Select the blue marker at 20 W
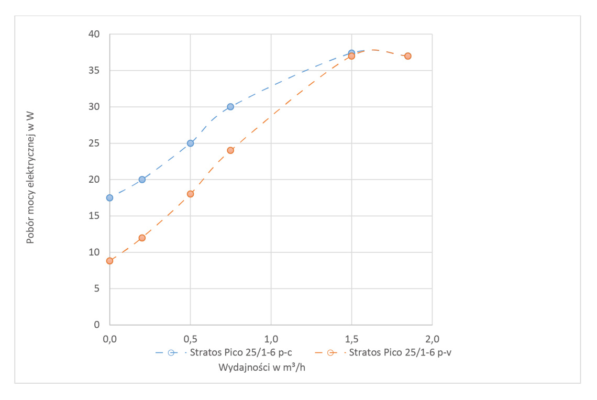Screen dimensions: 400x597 (142, 180)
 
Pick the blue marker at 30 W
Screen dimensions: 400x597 (230, 107)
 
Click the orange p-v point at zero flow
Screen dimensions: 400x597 (109, 261)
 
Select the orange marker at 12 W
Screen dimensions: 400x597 (142, 238)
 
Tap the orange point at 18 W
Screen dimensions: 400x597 (191, 194)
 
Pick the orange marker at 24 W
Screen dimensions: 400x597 (230, 150)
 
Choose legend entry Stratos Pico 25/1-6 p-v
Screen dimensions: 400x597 (400, 352)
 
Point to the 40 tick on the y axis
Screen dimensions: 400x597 (94, 35)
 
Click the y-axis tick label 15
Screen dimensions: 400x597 (94, 216)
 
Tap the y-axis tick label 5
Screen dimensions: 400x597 (97, 288)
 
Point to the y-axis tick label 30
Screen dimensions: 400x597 (94, 107)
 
